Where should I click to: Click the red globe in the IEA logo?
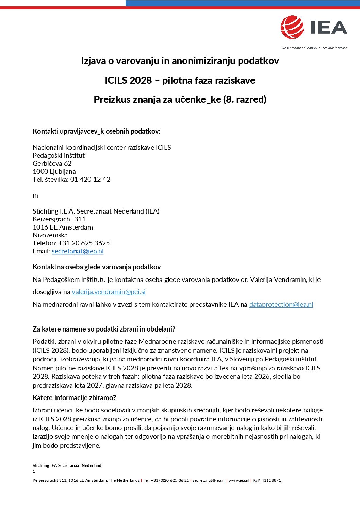tap(292, 27)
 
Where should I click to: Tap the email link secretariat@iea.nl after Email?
tap(78, 251)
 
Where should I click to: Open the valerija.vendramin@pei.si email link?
tap(109, 292)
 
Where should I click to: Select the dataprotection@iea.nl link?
tap(281, 304)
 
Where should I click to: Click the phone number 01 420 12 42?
tap(90, 179)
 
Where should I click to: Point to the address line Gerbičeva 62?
tap(52, 163)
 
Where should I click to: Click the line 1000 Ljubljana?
tap(54, 171)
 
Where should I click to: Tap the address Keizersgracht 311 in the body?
tap(59, 219)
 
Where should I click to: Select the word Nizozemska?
tap(50, 235)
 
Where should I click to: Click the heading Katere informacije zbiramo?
tap(74, 398)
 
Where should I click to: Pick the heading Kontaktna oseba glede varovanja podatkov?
tap(97, 267)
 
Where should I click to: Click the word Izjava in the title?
tap(93, 61)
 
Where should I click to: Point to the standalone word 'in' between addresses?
tap(35, 195)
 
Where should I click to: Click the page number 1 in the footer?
tap(34, 471)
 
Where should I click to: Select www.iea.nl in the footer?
tap(239, 480)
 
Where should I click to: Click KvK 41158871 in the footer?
tap(267, 480)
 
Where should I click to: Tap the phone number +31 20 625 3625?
tap(84, 243)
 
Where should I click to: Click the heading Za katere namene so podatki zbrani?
tap(104, 329)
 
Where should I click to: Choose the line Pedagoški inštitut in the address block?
tap(59, 155)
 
